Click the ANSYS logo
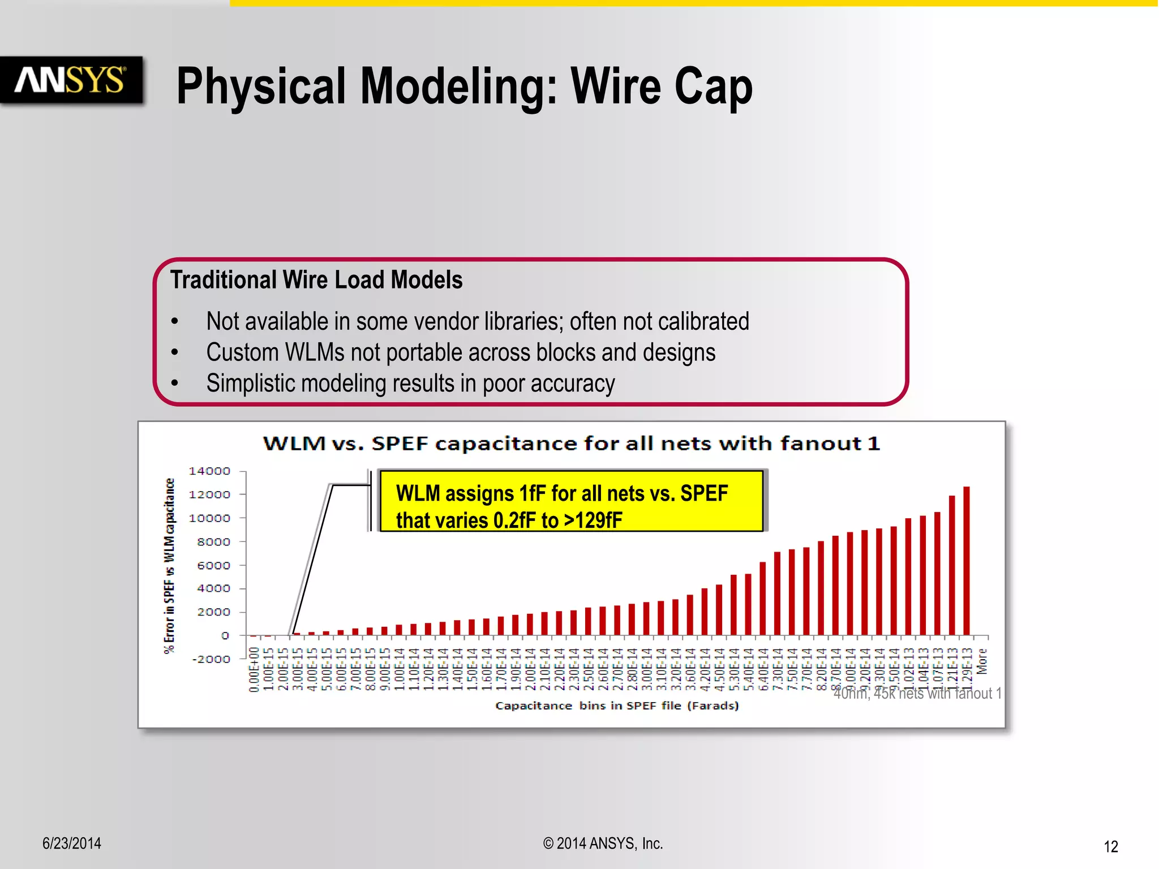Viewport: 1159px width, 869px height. click(x=71, y=80)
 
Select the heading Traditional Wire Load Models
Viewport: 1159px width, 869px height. click(x=316, y=280)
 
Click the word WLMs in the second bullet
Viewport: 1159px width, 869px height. click(x=315, y=352)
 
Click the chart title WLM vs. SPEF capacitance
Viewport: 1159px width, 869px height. click(x=572, y=443)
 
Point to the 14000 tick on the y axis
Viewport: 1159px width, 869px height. click(x=209, y=471)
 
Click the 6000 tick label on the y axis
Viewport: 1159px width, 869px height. click(x=213, y=565)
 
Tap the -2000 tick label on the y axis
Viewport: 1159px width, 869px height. click(x=211, y=659)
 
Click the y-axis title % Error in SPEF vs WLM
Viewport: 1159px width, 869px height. click(x=169, y=566)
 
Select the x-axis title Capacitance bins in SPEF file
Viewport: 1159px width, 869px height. click(x=617, y=705)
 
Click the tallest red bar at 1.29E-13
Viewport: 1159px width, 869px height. click(x=967, y=560)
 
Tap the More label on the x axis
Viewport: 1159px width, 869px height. click(x=982, y=661)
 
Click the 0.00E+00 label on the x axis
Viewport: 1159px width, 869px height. click(x=254, y=669)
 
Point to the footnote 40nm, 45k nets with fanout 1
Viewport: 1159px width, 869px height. click(x=917, y=694)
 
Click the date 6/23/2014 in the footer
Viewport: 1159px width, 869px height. click(x=72, y=844)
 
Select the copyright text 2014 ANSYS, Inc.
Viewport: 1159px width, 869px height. click(x=603, y=844)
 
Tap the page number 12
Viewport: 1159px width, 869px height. click(x=1110, y=846)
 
